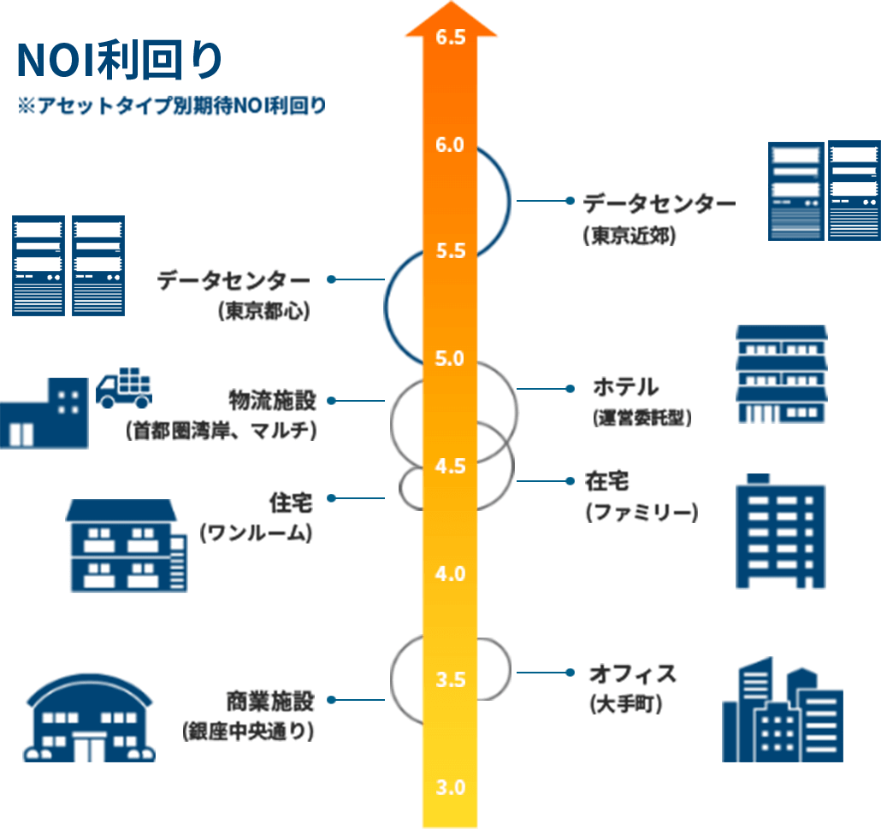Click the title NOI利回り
120,61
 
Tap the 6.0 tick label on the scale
450,145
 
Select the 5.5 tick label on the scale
450,252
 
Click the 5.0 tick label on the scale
450,359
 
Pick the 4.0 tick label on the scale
450,573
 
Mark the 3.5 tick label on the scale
450,680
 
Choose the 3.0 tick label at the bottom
450,787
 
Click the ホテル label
626,387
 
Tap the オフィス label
632,674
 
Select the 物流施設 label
272,399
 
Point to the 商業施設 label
270,701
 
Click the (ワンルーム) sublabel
256,533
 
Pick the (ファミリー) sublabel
642,512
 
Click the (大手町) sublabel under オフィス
626,705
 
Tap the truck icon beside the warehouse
123,389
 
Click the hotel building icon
781,374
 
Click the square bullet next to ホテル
570,389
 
